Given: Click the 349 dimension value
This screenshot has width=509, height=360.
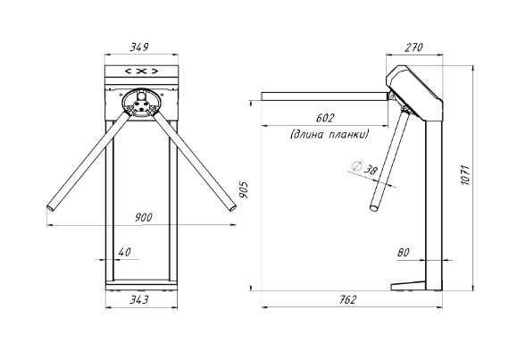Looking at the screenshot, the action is click(139, 47).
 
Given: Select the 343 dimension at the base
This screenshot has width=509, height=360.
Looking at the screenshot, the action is click(139, 299).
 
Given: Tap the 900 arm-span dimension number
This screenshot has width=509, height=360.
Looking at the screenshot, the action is click(143, 217).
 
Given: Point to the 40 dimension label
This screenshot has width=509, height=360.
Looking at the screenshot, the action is click(125, 252).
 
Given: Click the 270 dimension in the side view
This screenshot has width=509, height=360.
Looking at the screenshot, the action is click(413, 47).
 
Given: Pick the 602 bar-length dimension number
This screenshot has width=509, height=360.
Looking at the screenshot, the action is click(325, 118).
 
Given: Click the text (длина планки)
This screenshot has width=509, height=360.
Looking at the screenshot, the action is click(330, 134).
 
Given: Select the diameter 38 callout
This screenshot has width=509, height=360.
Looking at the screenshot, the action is click(365, 168).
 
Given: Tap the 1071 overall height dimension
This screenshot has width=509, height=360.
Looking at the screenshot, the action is click(466, 175).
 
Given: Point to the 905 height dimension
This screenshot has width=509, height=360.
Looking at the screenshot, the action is click(244, 190).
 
